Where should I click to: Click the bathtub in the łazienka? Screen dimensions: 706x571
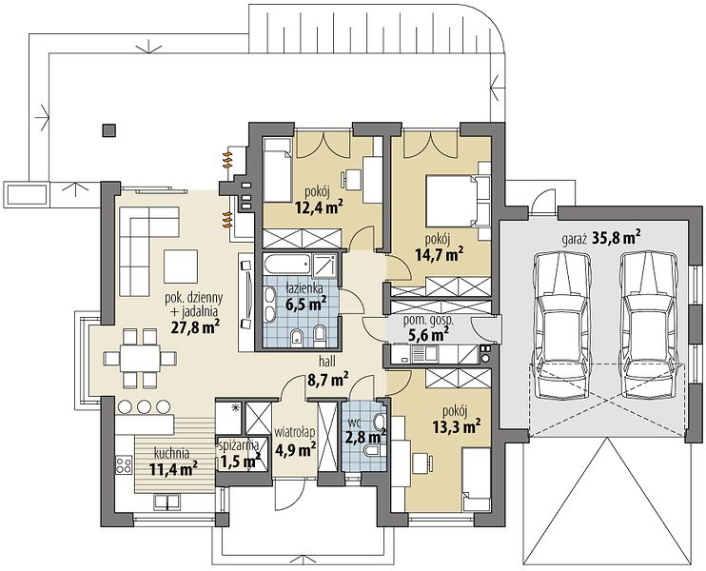(x=286, y=264)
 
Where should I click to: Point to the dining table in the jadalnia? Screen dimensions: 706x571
(x=140, y=358)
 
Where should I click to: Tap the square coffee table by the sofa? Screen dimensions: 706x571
(x=181, y=266)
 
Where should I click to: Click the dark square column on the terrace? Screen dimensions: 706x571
(x=108, y=130)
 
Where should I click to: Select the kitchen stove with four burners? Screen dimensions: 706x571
(x=124, y=464)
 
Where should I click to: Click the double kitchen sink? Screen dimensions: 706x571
(x=167, y=502)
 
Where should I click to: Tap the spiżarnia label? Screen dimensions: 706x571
(x=238, y=445)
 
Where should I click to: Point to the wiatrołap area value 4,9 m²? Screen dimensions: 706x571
(x=295, y=449)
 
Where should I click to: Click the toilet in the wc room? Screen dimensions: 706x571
(x=373, y=451)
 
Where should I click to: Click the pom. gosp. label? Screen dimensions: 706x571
(x=427, y=322)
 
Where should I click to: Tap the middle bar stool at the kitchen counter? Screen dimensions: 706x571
(x=144, y=406)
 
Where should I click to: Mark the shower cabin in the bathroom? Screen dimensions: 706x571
(x=324, y=266)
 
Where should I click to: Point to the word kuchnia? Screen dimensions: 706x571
(x=171, y=453)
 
